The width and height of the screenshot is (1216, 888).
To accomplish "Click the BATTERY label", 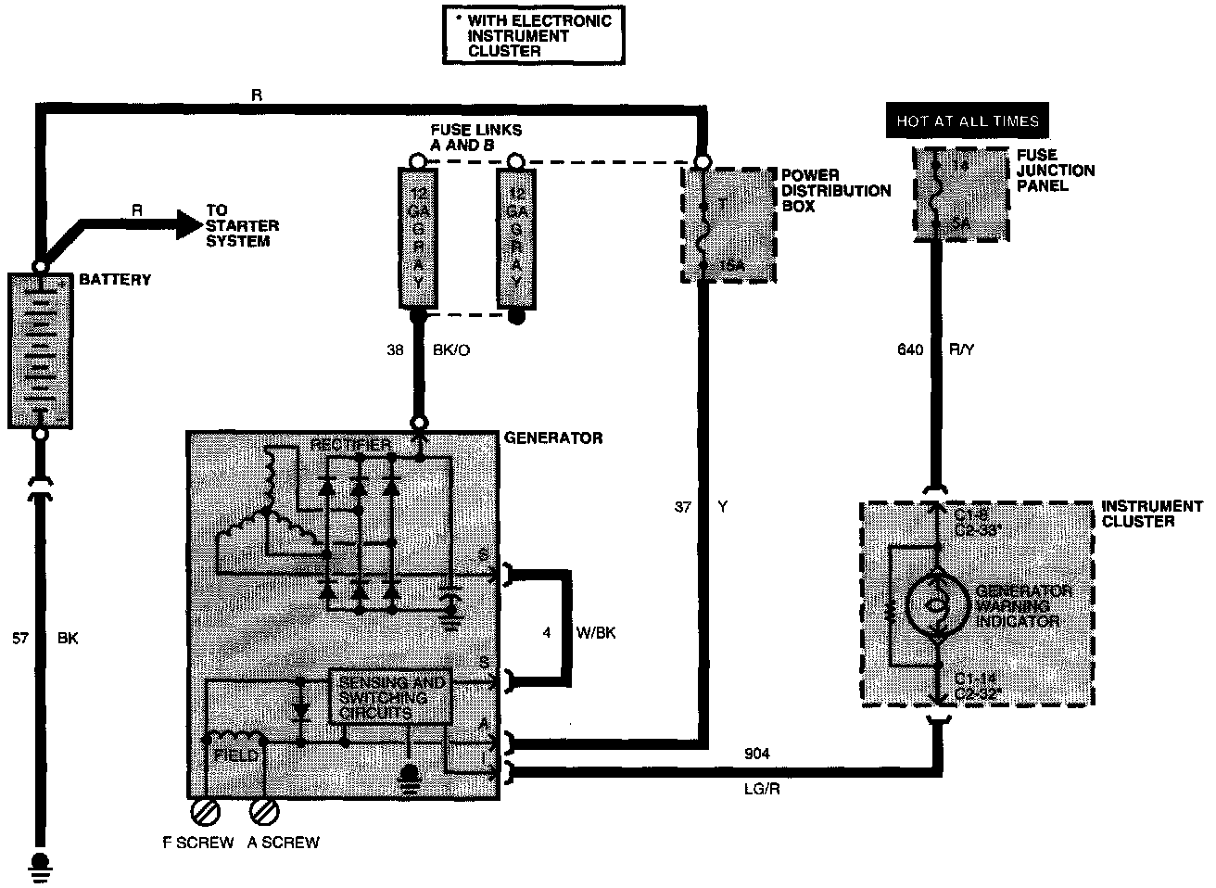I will point(115,279).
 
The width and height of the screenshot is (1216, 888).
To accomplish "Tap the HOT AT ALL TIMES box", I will point(967,121).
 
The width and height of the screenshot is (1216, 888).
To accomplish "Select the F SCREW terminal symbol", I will point(203,812).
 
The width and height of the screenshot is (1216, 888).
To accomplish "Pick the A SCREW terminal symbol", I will point(265,812).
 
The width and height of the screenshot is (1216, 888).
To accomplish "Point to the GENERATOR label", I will point(552,438).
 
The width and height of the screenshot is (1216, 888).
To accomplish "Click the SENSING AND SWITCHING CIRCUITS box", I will point(390,697).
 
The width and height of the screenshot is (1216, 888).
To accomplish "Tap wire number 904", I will point(756,754).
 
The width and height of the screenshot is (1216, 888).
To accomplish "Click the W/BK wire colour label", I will point(597,634).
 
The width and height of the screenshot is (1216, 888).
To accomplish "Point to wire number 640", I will point(911,350).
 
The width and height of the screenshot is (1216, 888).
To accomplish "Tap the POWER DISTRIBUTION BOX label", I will point(835,190).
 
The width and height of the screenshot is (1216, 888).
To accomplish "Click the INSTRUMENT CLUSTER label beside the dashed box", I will point(1151,514).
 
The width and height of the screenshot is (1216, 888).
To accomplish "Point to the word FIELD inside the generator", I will point(234,755).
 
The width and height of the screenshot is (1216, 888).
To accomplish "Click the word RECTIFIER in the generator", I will point(350,445).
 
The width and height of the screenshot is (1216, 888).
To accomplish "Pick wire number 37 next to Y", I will point(684,507).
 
